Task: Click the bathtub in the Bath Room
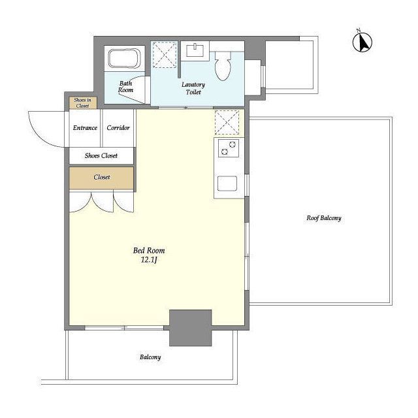tap(124, 58)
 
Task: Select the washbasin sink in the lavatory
tap(195, 50)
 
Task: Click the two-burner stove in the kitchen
tap(229, 148)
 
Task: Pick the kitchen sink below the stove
tap(227, 184)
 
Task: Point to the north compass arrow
tap(362, 42)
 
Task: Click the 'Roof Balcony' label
tap(324, 218)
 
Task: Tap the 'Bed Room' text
tap(149, 251)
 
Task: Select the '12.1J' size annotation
tap(149, 260)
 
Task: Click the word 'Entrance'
tap(85, 128)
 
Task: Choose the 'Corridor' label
tap(118, 128)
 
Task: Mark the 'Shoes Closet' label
tap(101, 155)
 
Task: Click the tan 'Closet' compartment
tap(101, 178)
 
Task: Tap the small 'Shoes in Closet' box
tap(82, 103)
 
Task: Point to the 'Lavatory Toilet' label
tap(193, 88)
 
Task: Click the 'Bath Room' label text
tap(125, 87)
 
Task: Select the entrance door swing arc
tap(35, 135)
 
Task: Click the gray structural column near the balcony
tap(190, 328)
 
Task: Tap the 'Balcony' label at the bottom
tap(150, 357)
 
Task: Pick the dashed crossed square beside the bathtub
tap(164, 54)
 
